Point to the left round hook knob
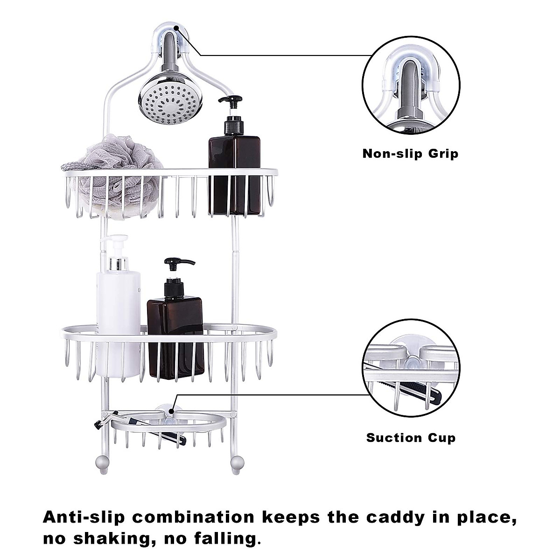(x=103, y=463)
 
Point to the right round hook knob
(x=237, y=463)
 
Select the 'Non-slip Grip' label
(x=410, y=154)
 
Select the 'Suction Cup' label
(x=411, y=438)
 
